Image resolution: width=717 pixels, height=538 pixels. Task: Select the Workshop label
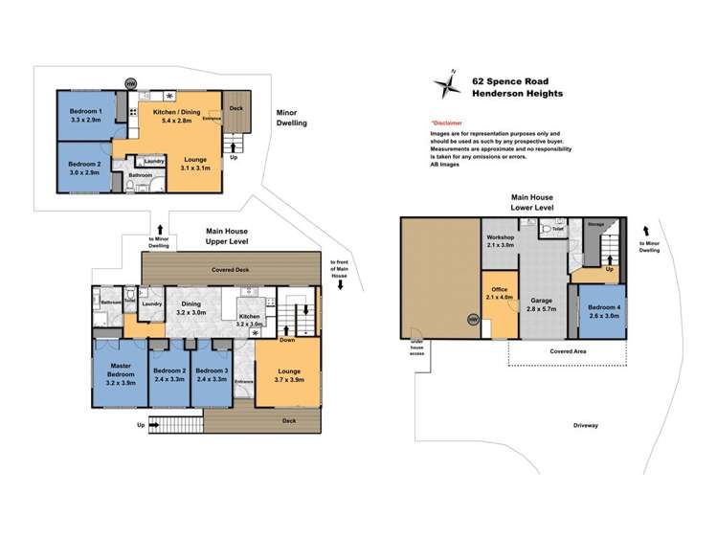click(x=502, y=240)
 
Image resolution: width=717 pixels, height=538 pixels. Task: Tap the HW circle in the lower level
click(x=471, y=320)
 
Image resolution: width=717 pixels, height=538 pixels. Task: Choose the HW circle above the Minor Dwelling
click(x=130, y=82)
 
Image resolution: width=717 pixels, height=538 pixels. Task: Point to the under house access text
click(x=416, y=347)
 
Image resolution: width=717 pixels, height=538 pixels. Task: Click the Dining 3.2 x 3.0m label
click(x=192, y=308)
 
